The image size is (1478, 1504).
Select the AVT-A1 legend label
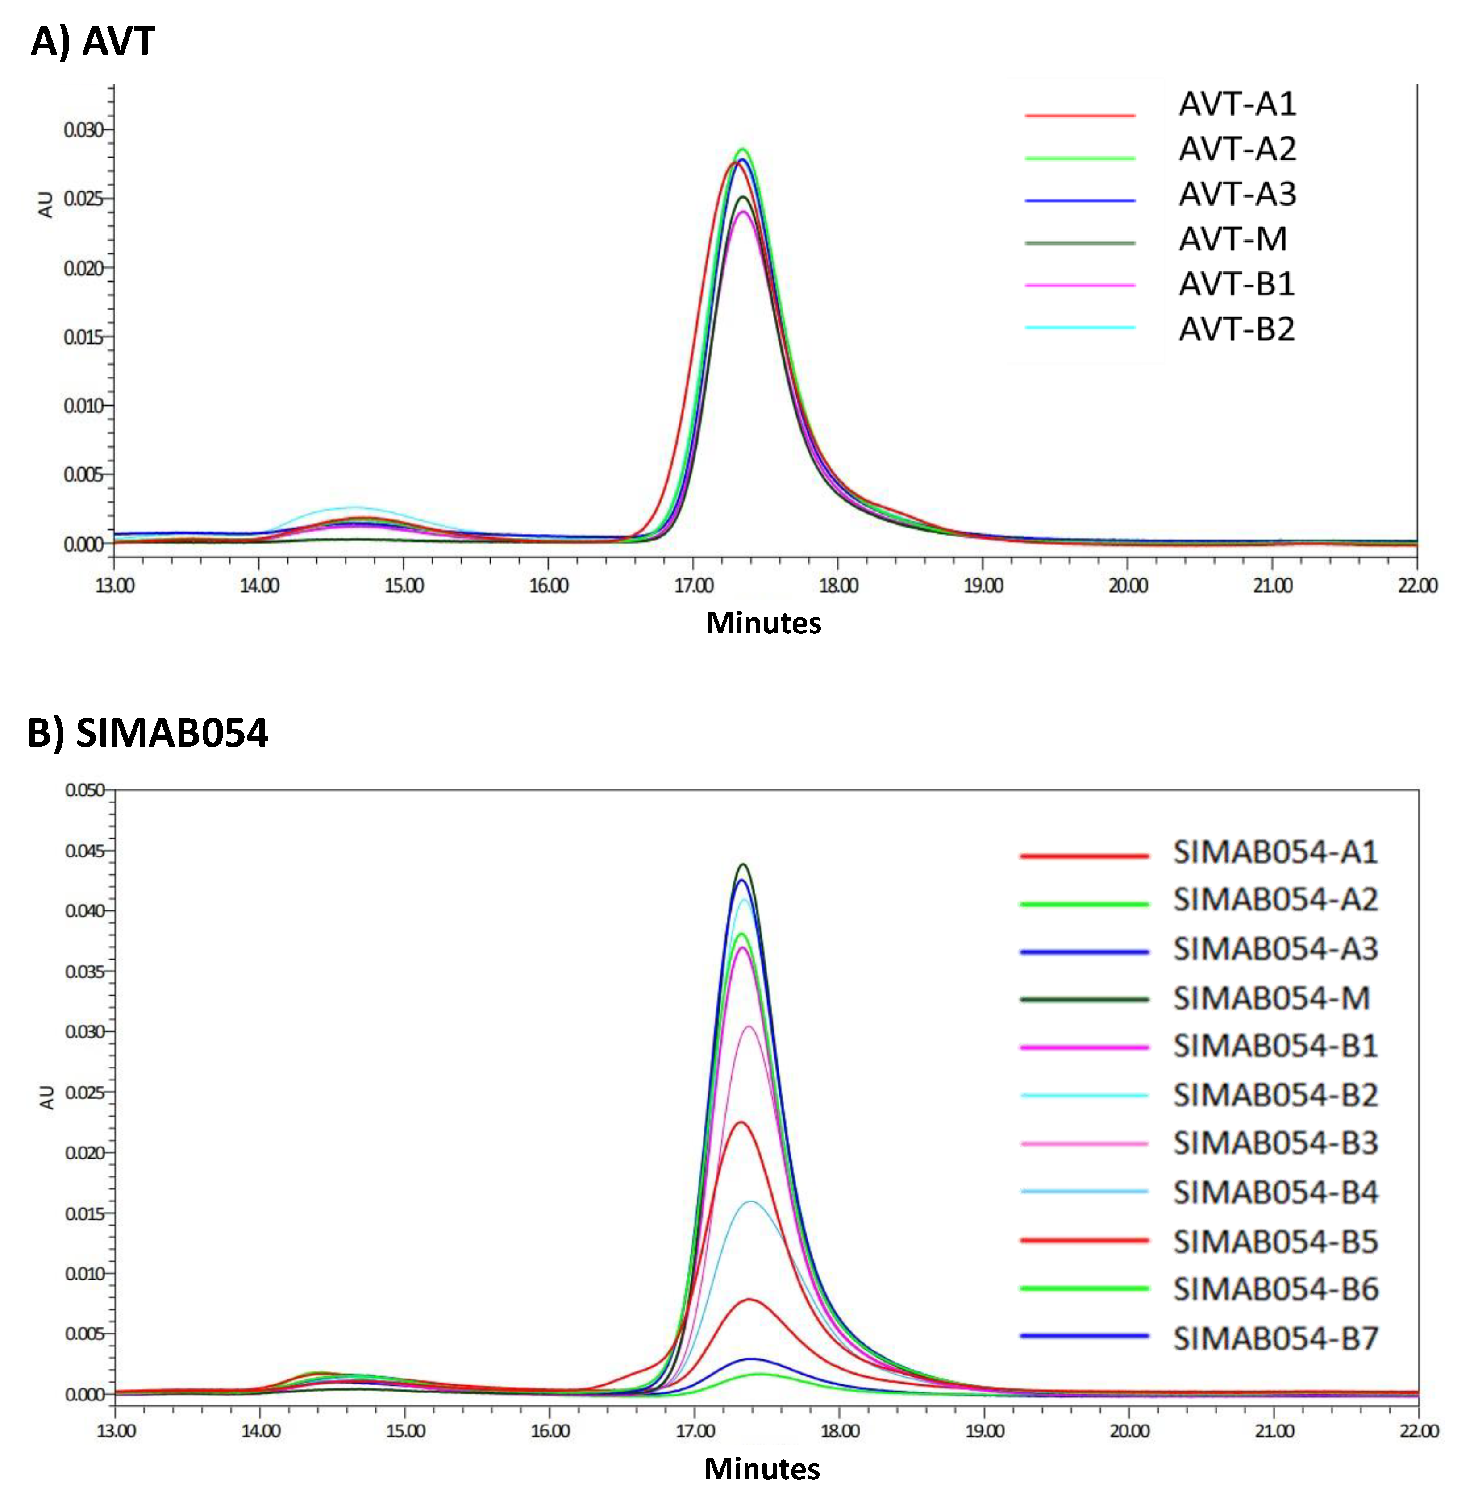[1237, 104]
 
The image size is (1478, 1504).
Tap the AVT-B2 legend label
[1237, 329]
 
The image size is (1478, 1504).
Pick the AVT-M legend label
[1232, 239]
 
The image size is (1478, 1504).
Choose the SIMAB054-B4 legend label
[1275, 1192]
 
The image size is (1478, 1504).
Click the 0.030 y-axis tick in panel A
[83, 129]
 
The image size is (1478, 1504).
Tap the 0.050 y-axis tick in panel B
[84, 790]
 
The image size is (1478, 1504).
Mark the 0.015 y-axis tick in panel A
[83, 337]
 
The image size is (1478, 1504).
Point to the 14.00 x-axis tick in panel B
[260, 1430]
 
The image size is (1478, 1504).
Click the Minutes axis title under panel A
[763, 623]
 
